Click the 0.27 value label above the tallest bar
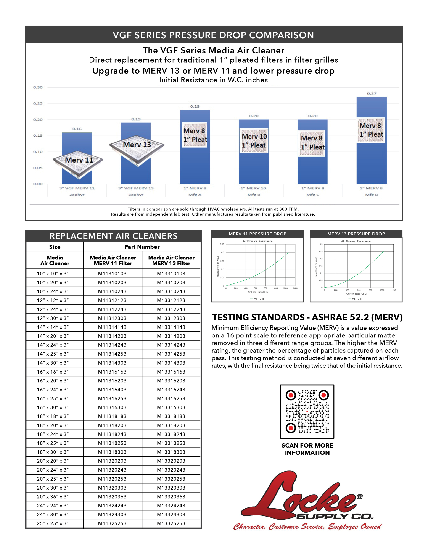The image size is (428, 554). click(372, 94)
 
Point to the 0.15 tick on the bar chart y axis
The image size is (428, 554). click(38, 135)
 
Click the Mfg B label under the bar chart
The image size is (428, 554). click(254, 195)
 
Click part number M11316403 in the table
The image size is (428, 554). click(112, 389)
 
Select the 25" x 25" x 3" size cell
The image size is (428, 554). click(53, 523)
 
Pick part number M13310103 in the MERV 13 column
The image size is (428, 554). click(171, 274)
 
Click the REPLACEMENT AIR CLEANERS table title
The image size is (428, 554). click(113, 236)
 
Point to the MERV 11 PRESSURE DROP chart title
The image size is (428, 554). click(257, 234)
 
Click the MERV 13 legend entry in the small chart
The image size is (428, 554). click(356, 299)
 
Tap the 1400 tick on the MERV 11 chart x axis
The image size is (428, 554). click(295, 288)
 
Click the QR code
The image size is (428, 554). click(307, 411)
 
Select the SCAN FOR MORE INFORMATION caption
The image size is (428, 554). click(307, 449)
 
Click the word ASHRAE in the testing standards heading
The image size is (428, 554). click(329, 317)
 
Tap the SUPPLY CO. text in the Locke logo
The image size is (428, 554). click(335, 516)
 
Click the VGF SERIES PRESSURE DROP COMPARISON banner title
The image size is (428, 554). click(213, 35)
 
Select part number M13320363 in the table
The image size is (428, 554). click(171, 497)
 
